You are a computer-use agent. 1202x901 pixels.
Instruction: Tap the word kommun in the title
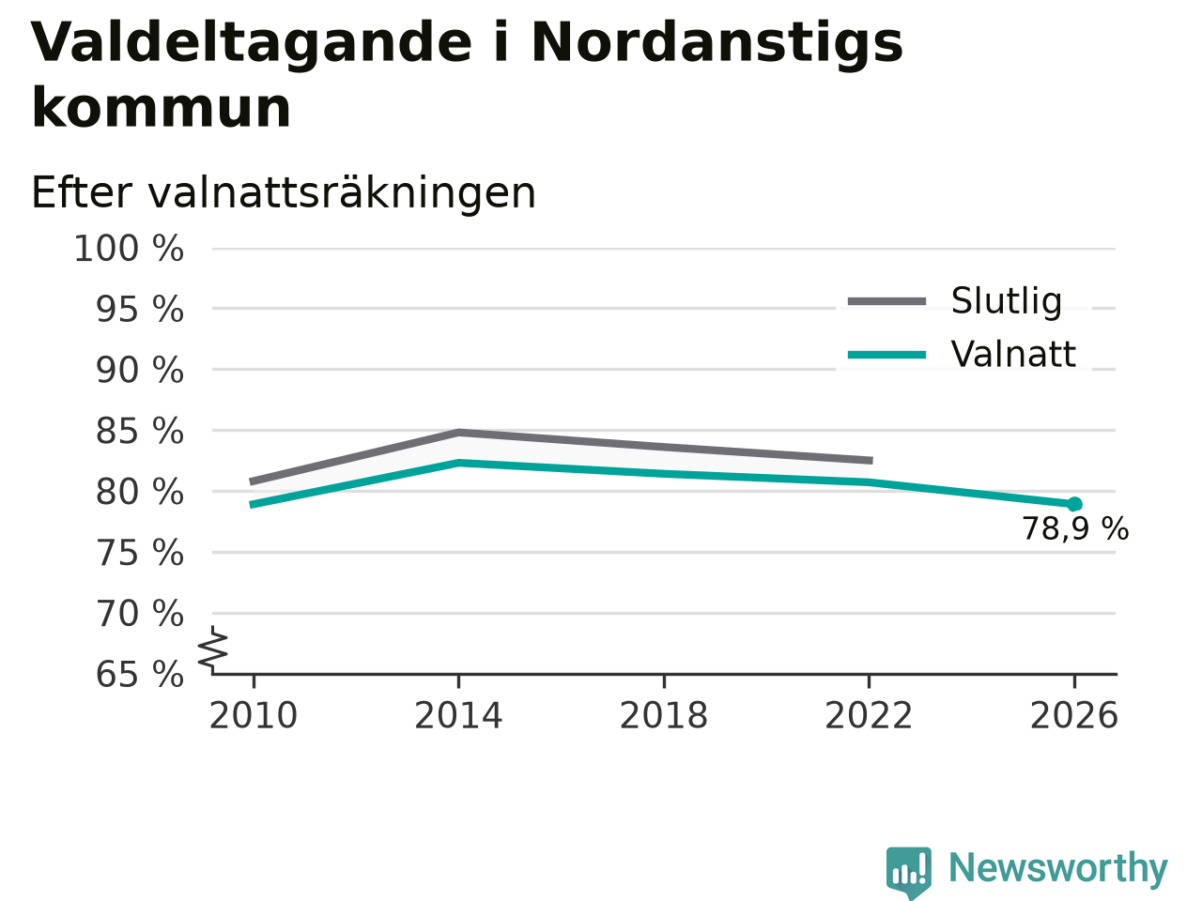pos(161,108)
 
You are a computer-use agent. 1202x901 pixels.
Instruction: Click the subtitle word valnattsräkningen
pos(342,194)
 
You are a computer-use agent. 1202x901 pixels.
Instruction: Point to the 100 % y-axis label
pos(129,249)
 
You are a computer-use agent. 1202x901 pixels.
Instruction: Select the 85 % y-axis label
pos(140,431)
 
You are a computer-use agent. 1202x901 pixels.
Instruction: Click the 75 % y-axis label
pos(140,553)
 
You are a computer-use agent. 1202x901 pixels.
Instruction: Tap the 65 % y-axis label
pos(140,674)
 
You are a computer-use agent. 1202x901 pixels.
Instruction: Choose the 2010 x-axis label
pos(253,715)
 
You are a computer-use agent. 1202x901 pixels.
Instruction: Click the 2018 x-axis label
pos(664,715)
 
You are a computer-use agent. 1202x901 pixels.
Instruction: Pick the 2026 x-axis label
pos(1074,715)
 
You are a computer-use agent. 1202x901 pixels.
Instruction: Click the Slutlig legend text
pos(1007,301)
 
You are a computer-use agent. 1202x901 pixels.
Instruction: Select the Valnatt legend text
pos(1013,354)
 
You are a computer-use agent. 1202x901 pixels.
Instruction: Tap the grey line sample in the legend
pos(886,301)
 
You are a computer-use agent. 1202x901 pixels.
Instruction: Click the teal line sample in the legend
pos(886,355)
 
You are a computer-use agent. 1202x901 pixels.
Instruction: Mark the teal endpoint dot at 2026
pos(1074,504)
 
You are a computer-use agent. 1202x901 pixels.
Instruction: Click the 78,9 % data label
pos(1075,529)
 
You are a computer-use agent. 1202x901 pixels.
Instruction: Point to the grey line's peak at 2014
pos(459,433)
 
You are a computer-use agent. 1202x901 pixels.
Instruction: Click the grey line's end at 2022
pos(871,461)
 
